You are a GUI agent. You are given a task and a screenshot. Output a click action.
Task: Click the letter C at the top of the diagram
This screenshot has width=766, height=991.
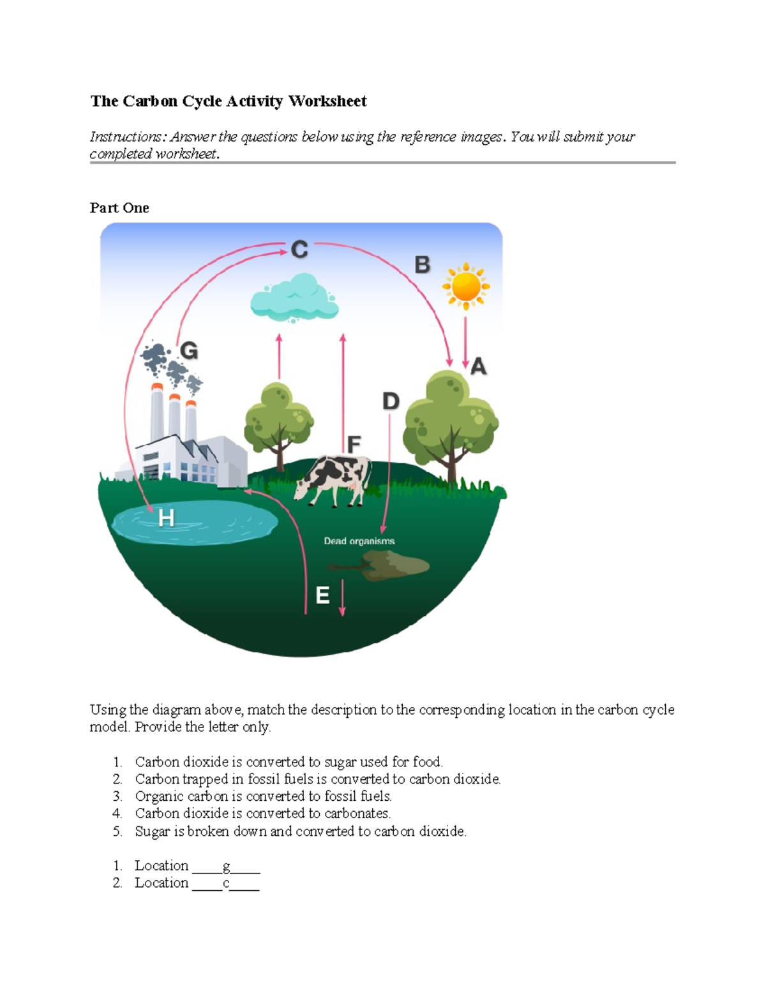point(299,249)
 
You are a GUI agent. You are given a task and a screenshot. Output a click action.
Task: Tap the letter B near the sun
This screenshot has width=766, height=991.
point(422,264)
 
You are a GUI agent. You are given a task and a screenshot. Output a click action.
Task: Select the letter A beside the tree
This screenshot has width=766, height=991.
point(478,366)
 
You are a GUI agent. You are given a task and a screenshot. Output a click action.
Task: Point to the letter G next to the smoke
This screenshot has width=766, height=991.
point(189,351)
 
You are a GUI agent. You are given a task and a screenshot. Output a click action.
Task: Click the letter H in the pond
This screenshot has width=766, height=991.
point(166,518)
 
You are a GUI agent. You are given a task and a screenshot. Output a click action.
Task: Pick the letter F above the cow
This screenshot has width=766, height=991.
point(354,443)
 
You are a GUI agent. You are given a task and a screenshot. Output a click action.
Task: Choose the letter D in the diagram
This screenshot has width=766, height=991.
point(390,401)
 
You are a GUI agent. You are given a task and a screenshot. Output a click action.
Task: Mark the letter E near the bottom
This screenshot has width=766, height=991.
point(322,595)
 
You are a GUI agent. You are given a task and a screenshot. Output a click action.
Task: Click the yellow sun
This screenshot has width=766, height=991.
point(466,286)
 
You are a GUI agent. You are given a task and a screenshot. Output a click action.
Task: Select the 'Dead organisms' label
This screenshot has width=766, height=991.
point(359,541)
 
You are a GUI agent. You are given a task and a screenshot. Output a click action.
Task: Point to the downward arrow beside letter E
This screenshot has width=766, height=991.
point(342,597)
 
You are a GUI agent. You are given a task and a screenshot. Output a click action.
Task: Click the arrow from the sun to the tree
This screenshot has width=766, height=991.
point(465,342)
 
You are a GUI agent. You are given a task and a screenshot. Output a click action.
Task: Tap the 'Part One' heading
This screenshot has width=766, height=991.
point(119,208)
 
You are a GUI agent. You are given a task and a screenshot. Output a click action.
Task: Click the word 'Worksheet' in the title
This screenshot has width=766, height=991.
point(327,101)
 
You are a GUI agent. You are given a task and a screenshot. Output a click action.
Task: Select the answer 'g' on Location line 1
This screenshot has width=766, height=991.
point(226,866)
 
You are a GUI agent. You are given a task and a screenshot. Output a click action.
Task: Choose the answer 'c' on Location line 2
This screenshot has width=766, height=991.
point(226,883)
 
